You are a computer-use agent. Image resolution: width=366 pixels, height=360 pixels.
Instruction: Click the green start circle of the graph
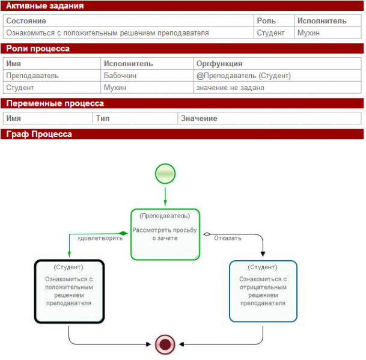tap(165, 174)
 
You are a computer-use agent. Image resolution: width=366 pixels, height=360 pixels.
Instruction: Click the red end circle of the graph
tap(165, 344)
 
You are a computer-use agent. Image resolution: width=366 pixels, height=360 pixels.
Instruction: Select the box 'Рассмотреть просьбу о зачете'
tap(165, 234)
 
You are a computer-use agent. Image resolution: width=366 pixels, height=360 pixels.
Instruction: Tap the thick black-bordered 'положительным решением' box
tap(69, 291)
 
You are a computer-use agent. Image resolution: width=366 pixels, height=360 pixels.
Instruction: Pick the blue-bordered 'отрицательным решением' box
tap(263, 291)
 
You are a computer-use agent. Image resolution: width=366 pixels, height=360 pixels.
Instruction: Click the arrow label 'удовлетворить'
tap(100, 239)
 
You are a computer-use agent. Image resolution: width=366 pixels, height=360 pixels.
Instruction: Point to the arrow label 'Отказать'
tap(228, 238)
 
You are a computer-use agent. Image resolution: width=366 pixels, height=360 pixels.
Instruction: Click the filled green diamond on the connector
tap(123, 233)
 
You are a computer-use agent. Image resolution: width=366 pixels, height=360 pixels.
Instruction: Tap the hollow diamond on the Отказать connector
tap(207, 234)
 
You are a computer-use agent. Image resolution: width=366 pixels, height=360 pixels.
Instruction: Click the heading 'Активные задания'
tap(45, 5)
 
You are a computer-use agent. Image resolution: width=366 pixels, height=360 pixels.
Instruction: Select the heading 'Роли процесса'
tap(38, 49)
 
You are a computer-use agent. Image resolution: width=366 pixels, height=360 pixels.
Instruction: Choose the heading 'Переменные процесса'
tap(55, 103)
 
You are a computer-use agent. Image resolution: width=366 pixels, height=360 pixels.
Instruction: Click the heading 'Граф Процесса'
tap(39, 134)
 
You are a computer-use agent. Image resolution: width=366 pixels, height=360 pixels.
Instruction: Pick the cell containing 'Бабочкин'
tap(147, 75)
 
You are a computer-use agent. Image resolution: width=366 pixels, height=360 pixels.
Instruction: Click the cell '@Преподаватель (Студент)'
tap(277, 75)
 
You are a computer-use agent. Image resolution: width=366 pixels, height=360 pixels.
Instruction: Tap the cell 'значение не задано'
tap(277, 88)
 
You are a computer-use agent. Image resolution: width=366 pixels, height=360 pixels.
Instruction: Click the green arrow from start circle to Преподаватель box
tap(165, 197)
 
